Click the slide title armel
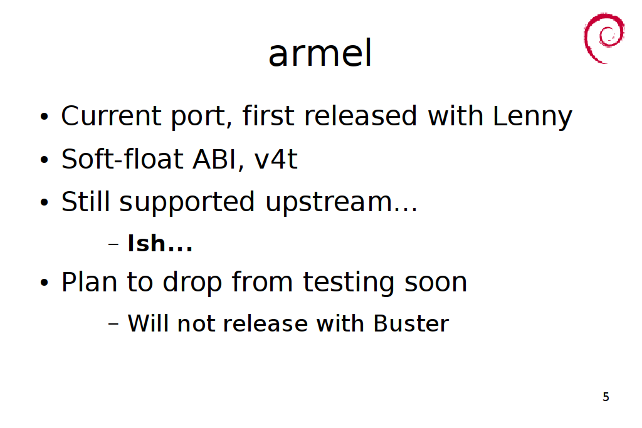pyautogui.click(x=320, y=53)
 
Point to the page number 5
pyautogui.click(x=606, y=397)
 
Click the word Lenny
pyautogui.click(x=532, y=117)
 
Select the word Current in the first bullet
pyautogui.click(x=112, y=116)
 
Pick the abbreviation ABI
pyautogui.click(x=214, y=159)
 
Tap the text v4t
pyautogui.click(x=276, y=159)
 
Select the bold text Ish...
pyautogui.click(x=147, y=244)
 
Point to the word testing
pyautogui.click(x=349, y=283)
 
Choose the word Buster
pyautogui.click(x=411, y=323)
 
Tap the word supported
pyautogui.click(x=187, y=202)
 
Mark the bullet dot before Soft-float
pyautogui.click(x=45, y=160)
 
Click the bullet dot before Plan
pyautogui.click(x=45, y=283)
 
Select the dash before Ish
pyautogui.click(x=113, y=244)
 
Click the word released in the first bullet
pyautogui.click(x=360, y=116)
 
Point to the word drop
pyautogui.click(x=192, y=283)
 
